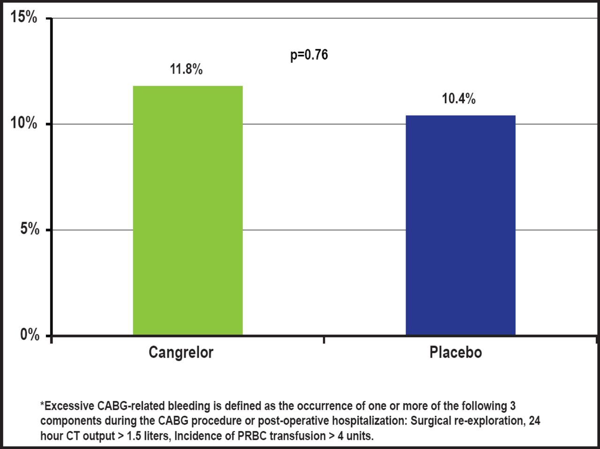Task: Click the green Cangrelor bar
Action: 187,211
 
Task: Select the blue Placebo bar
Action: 460,225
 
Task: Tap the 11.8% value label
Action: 186,70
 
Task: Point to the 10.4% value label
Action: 458,99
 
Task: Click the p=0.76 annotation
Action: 309,55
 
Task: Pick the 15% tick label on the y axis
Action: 24,18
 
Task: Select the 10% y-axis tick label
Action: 24,124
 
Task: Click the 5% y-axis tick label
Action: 29,229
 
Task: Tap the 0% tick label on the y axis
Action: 29,335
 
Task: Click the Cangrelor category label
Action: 181,352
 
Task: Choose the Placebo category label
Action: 456,352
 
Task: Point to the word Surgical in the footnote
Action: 427,420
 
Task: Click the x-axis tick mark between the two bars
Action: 324,339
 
